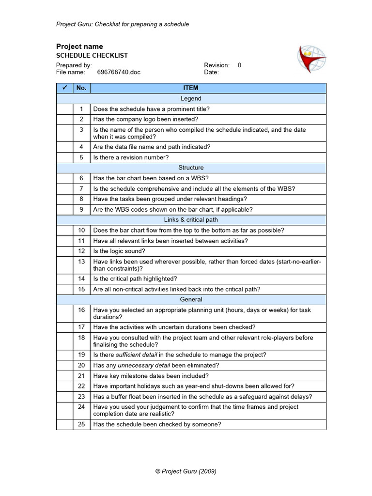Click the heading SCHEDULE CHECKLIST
[x=92, y=56]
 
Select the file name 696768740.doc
[x=119, y=72]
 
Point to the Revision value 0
[x=239, y=65]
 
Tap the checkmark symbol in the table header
[x=64, y=88]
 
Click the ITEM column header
[x=190, y=88]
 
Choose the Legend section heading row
[x=191, y=98]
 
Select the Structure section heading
[x=191, y=168]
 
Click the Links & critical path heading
[x=191, y=220]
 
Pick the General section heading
[x=191, y=300]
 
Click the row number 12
[x=81, y=251]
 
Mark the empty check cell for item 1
[x=64, y=109]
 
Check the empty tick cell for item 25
[x=64, y=424]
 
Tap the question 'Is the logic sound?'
[x=119, y=251]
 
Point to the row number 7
[x=81, y=188]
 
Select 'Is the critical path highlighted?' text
[x=135, y=279]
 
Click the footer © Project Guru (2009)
[x=186, y=471]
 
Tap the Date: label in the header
[x=212, y=72]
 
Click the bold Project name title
[x=79, y=46]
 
